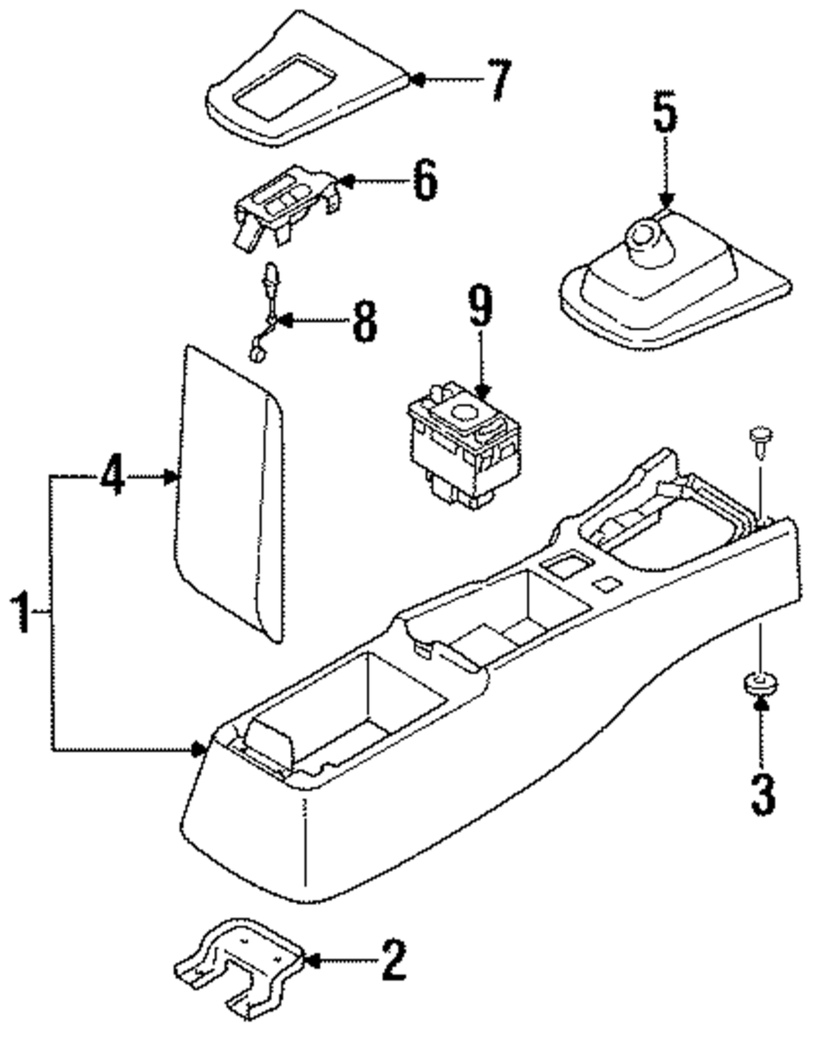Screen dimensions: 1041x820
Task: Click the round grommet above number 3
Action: pyautogui.click(x=760, y=683)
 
